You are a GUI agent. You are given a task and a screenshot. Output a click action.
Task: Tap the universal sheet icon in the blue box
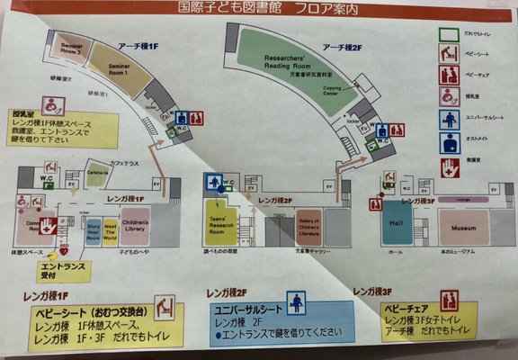tap(295, 303)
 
